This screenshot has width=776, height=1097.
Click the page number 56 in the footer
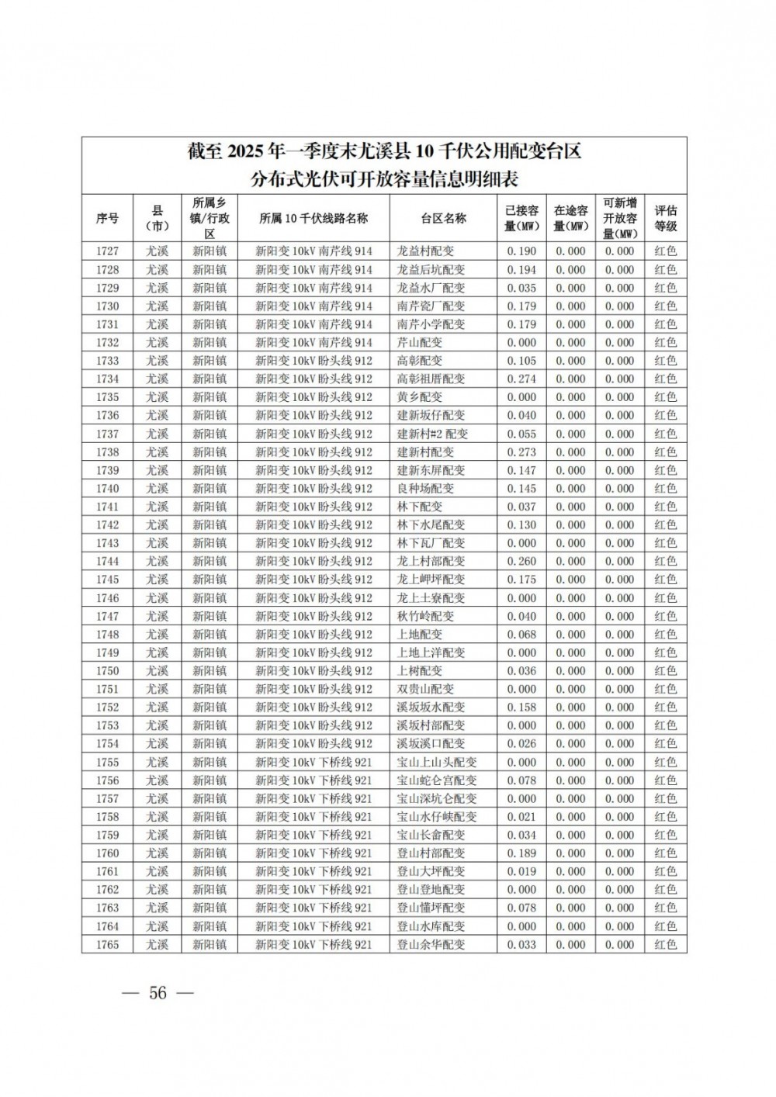[158, 993]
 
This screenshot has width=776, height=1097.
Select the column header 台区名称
[443, 218]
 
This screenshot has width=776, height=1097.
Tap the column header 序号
[107, 218]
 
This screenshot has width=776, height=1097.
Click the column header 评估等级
[665, 218]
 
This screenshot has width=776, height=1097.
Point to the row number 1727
[107, 251]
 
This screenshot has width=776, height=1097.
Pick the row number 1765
[107, 944]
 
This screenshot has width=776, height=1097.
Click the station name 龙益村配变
[425, 251]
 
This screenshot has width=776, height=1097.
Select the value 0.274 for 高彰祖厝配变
[521, 379]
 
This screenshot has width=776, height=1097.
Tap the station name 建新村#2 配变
[432, 434]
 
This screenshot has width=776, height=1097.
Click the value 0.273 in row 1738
[521, 452]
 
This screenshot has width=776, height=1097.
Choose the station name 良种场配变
[425, 488]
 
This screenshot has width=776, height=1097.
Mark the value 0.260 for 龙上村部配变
[521, 561]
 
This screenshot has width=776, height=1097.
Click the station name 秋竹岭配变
[425, 616]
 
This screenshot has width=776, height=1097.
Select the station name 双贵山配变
[425, 689]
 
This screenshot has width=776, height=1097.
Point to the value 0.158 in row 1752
[521, 707]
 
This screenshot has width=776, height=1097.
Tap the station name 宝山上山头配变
[437, 762]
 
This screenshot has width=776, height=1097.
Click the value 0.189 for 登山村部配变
[521, 853]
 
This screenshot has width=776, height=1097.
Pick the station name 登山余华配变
[431, 944]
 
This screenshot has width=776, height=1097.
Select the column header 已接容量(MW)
[521, 218]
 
